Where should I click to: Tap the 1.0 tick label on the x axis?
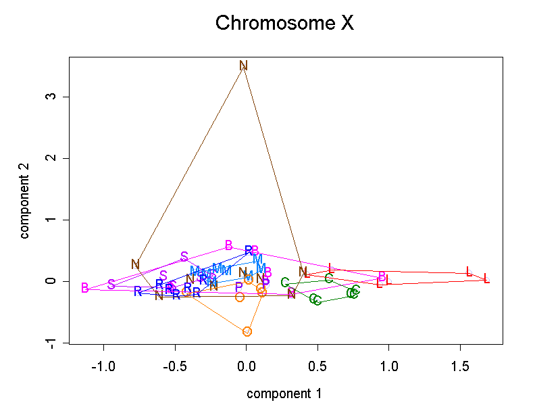click(388, 366)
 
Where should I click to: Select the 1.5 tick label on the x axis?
click(460, 366)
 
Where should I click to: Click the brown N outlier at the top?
click(244, 66)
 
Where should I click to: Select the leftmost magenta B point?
click(85, 289)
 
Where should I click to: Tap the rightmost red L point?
click(486, 279)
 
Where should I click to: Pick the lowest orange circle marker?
click(247, 331)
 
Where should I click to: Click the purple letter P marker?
click(238, 287)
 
